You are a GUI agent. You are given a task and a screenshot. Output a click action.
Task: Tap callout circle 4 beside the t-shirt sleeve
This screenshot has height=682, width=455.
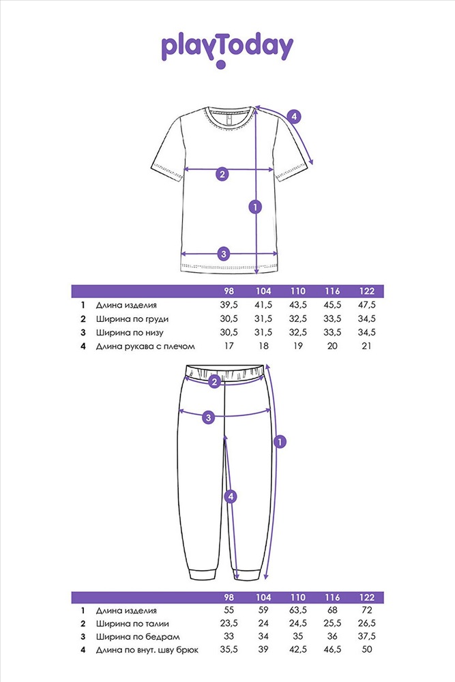pyautogui.click(x=294, y=117)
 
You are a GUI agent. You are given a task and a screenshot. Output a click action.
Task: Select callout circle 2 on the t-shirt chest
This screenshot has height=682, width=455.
pyautogui.click(x=222, y=175)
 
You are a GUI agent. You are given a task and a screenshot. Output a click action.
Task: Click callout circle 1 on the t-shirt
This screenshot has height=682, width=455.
pyautogui.click(x=255, y=207)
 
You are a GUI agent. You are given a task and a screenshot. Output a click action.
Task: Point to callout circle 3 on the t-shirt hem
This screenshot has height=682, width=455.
pyautogui.click(x=224, y=254)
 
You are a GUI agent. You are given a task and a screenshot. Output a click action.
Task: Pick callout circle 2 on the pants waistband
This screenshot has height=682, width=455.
pyautogui.click(x=214, y=383)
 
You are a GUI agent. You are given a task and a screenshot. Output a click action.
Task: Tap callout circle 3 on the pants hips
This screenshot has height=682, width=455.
pyautogui.click(x=209, y=417)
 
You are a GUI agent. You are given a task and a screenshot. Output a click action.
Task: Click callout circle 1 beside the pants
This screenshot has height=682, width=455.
pyautogui.click(x=280, y=442)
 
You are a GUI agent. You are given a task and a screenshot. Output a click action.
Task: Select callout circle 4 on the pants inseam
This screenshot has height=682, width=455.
pyautogui.click(x=231, y=496)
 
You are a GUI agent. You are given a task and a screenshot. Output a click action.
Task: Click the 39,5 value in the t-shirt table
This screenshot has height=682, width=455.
pyautogui.click(x=229, y=305)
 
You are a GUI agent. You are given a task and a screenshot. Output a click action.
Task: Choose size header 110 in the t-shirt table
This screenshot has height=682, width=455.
pyautogui.click(x=298, y=291)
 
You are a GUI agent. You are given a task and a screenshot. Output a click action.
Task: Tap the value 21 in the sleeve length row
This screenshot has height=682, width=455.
pyautogui.click(x=367, y=346)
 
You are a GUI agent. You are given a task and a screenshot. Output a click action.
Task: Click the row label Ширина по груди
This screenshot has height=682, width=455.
pyautogui.click(x=132, y=318)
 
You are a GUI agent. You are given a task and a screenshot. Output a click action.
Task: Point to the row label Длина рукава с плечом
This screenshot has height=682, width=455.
pyautogui.click(x=145, y=346)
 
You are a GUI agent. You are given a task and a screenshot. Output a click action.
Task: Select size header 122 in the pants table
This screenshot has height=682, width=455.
pyautogui.click(x=367, y=597)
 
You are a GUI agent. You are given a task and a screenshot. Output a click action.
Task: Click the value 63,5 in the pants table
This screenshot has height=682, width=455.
pyautogui.click(x=298, y=610)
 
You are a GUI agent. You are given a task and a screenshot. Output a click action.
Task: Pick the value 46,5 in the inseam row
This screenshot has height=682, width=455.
pyautogui.click(x=332, y=649)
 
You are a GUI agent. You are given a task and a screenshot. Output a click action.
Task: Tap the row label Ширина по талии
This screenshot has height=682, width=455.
pyautogui.click(x=132, y=624)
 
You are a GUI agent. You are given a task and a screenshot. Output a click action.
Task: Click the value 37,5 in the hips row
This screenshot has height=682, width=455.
pyautogui.click(x=367, y=636)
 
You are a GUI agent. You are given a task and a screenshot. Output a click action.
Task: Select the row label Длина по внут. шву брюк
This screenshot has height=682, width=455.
pyautogui.click(x=147, y=650)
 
